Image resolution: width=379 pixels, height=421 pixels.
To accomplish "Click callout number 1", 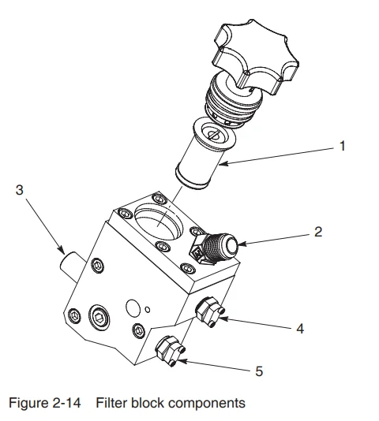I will coord(341,146).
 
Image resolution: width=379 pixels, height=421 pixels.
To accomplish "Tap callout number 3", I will coord(20,191).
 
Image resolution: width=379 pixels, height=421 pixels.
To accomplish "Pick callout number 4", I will coord(299,328).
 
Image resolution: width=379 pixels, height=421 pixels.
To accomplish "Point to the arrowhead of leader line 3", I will coord(64,251).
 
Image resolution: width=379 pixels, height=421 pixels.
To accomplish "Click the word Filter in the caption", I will coord(111,404).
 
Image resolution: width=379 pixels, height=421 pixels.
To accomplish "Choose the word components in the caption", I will coord(208,404).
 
